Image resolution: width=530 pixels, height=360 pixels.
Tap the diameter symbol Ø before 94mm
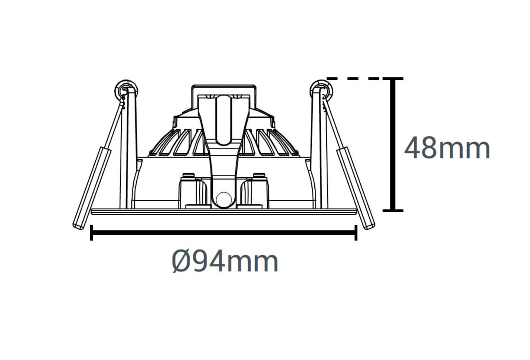click(x=181, y=262)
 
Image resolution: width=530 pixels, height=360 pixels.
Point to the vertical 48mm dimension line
click(x=393, y=145)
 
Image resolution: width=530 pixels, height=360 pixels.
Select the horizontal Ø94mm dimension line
click(x=224, y=233)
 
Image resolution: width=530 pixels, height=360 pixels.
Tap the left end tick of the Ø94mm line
click(x=91, y=233)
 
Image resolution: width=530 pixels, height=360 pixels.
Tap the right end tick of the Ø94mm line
click(x=356, y=233)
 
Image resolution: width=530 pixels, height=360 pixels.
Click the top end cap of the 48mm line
click(x=393, y=78)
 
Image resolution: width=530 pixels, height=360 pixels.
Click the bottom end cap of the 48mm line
click(x=393, y=211)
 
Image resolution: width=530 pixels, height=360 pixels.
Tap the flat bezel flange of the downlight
click(x=224, y=211)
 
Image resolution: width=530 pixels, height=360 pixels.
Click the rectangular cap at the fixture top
click(x=223, y=90)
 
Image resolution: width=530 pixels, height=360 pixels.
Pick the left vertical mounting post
click(x=130, y=149)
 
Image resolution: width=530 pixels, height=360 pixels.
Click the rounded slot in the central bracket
click(x=224, y=120)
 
